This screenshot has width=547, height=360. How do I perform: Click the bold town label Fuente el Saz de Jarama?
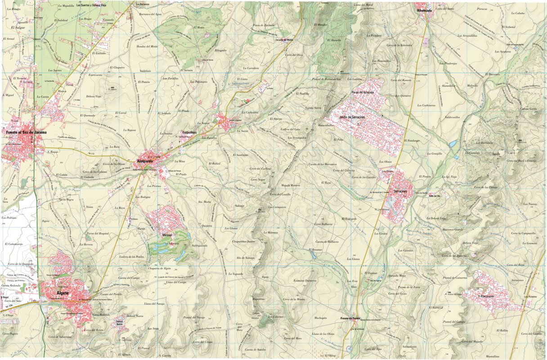click(x=26, y=132)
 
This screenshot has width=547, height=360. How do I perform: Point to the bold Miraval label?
click(x=167, y=235)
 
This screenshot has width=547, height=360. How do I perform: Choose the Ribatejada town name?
click(x=424, y=10)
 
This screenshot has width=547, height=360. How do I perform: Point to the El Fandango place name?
click(x=412, y=141)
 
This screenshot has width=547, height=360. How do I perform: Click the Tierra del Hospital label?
click(x=98, y=234)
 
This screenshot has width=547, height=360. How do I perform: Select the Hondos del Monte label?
click(x=147, y=46)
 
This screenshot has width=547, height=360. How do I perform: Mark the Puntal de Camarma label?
click(x=455, y=278)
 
